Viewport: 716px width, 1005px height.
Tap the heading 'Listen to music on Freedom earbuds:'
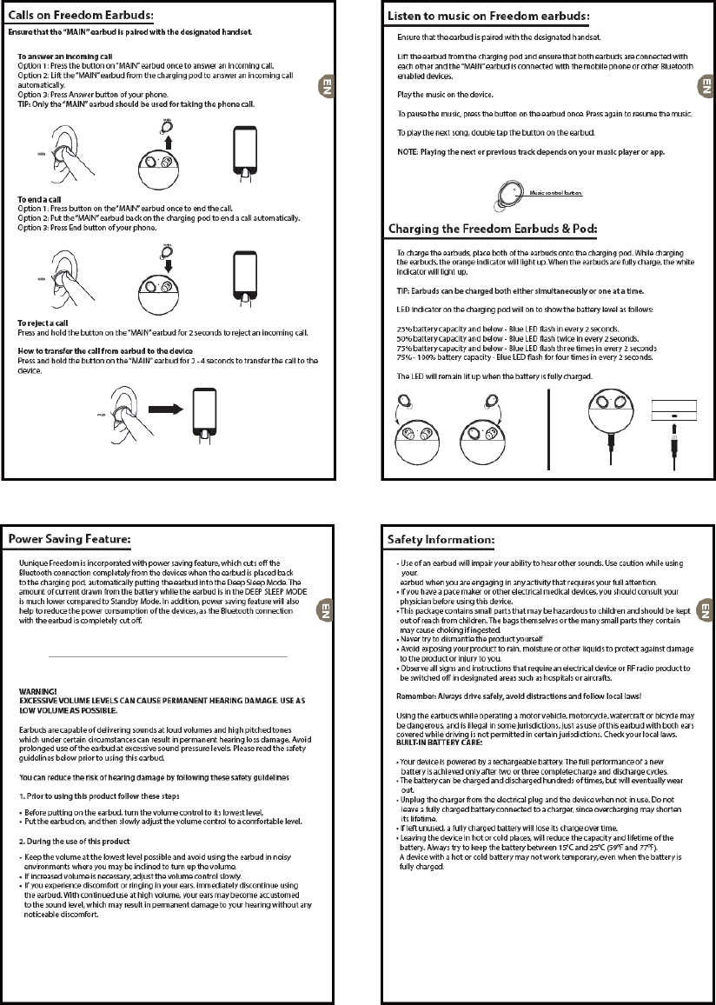487,17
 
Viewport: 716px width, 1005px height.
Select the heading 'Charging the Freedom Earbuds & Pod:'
492,229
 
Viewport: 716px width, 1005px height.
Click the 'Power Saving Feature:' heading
70,540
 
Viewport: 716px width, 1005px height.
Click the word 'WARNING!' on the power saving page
38,690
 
